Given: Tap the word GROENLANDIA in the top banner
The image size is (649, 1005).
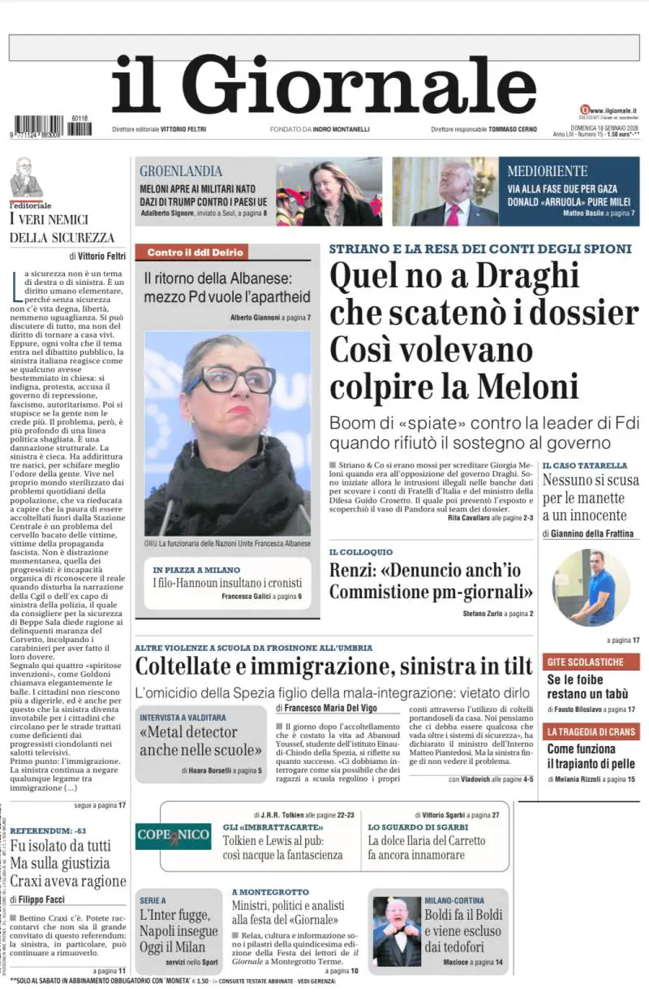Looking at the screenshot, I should tap(181, 171).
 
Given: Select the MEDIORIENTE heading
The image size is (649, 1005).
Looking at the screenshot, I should tap(548, 171).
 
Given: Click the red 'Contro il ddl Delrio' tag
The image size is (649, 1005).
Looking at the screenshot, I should tap(196, 252).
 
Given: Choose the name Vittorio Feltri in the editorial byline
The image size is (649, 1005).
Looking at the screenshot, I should tap(102, 256).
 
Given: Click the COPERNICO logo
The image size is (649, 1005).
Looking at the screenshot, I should tap(173, 835).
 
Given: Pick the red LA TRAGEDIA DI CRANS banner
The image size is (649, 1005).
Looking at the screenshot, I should tap(591, 731).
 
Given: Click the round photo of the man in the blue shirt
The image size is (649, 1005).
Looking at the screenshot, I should tap(590, 588).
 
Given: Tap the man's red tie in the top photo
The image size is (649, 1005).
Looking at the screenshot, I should tap(452, 214).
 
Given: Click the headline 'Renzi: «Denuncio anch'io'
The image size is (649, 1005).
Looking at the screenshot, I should tap(424, 570).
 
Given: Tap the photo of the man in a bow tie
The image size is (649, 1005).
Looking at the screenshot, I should tap(396, 931).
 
